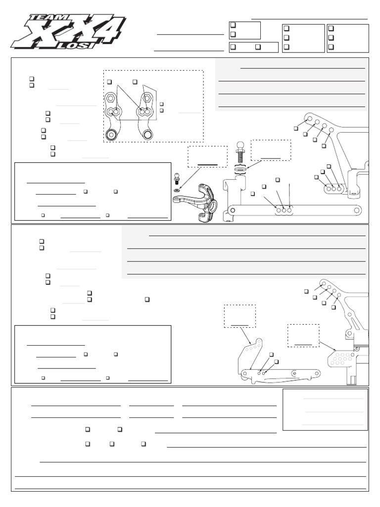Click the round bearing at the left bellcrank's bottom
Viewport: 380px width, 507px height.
click(x=111, y=134)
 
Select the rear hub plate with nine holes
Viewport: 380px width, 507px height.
click(x=342, y=356)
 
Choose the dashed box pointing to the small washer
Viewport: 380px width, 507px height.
click(x=207, y=157)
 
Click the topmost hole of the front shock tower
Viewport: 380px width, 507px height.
click(x=308, y=119)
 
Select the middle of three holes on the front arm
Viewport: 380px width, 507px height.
click(x=284, y=210)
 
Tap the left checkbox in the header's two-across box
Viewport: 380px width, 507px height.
click(x=233, y=47)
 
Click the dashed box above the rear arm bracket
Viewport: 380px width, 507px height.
click(x=239, y=316)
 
